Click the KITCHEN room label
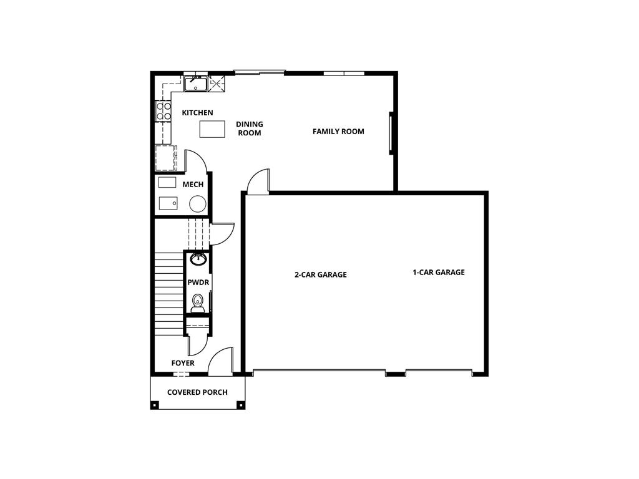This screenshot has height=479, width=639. [x=197, y=113]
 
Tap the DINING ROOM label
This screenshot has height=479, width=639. [x=249, y=128]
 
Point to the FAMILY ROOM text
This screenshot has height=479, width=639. [x=338, y=132]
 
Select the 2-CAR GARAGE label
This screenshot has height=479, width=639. [x=320, y=274]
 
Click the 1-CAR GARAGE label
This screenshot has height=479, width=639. [x=438, y=273]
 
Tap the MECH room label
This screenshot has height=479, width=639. [x=193, y=185]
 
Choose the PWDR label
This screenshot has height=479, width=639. [x=198, y=283]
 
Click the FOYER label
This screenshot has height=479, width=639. [x=183, y=363]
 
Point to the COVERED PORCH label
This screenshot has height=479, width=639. [x=197, y=392]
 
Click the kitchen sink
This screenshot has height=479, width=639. [x=196, y=83]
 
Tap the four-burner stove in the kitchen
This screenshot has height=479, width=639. [x=163, y=111]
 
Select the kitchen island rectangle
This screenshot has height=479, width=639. [x=212, y=129]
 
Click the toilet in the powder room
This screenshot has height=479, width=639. [x=198, y=302]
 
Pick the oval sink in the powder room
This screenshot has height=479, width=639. [x=198, y=259]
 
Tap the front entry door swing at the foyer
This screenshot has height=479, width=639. [x=220, y=361]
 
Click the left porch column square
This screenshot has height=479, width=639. [x=154, y=405]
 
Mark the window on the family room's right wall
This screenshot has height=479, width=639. [x=392, y=133]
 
